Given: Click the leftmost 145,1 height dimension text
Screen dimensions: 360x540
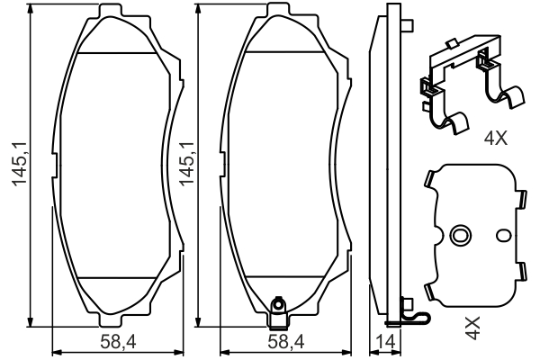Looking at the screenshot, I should click(x=15, y=165).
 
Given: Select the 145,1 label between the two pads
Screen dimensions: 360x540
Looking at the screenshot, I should click(x=189, y=165).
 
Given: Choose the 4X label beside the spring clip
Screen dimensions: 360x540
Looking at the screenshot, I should click(x=495, y=139).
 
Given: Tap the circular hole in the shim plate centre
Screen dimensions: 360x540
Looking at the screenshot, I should click(x=461, y=237).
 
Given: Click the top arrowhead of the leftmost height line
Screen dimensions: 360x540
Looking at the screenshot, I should click(x=32, y=11).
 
